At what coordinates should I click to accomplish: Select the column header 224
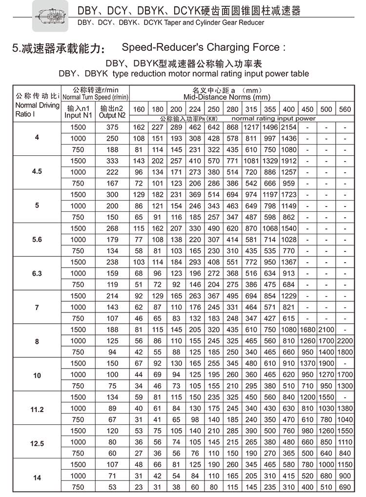(195, 109)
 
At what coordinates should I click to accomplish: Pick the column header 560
(345, 109)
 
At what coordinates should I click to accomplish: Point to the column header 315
(251, 109)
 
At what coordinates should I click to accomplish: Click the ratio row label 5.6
(37, 240)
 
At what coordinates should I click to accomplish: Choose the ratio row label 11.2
(37, 409)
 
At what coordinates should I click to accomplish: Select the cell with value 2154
(289, 127)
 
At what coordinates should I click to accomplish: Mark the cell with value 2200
(345, 341)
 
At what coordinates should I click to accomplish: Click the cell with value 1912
(289, 161)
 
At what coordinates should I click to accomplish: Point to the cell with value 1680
(307, 330)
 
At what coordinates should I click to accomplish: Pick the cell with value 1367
(289, 262)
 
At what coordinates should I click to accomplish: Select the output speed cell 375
(112, 127)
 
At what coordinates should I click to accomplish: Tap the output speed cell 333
(112, 161)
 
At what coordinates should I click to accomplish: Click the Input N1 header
(78, 112)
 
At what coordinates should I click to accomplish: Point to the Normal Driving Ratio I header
(37, 110)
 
